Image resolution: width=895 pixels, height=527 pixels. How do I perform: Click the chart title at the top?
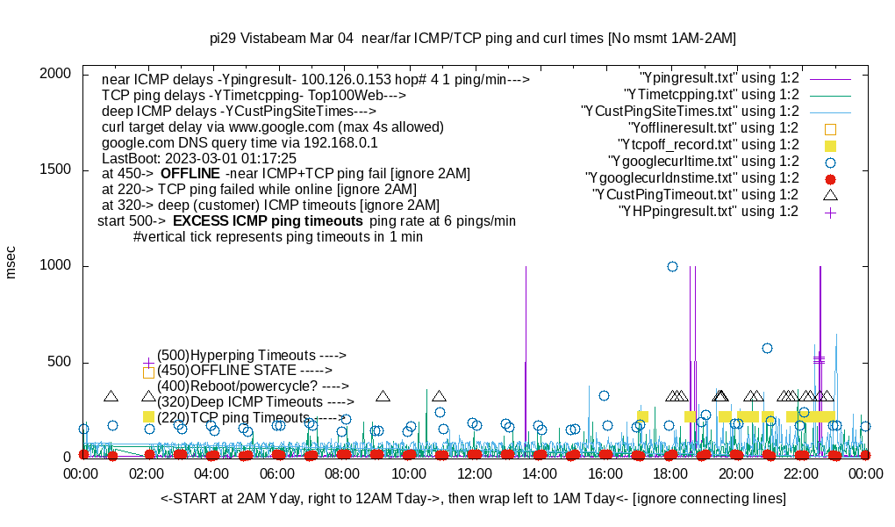click(x=473, y=39)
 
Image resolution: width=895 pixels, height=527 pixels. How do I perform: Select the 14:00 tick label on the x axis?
click(x=539, y=474)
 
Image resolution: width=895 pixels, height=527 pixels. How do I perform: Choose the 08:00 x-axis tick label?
click(x=342, y=474)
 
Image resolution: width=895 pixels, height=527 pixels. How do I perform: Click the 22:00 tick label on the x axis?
click(x=800, y=474)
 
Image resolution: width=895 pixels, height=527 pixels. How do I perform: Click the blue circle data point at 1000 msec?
click(x=672, y=266)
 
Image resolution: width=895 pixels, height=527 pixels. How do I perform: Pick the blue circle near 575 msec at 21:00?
click(x=767, y=348)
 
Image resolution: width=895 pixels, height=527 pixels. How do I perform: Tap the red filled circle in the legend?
click(x=830, y=178)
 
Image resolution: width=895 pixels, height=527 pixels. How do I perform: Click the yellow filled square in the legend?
click(x=830, y=145)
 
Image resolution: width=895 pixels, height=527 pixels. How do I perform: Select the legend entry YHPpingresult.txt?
click(x=708, y=212)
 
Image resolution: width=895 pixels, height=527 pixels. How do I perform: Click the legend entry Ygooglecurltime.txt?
click(x=703, y=162)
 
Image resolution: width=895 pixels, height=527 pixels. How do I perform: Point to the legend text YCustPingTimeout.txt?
click(x=695, y=195)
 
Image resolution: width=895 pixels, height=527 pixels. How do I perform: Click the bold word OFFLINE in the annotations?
click(x=189, y=173)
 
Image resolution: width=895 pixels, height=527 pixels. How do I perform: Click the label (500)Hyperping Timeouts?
click(x=252, y=356)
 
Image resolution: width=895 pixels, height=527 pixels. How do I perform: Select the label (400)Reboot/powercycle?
click(x=253, y=386)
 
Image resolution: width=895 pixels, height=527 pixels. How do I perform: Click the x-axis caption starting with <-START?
click(x=473, y=499)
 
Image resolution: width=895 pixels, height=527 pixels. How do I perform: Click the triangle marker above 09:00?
click(x=383, y=396)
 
